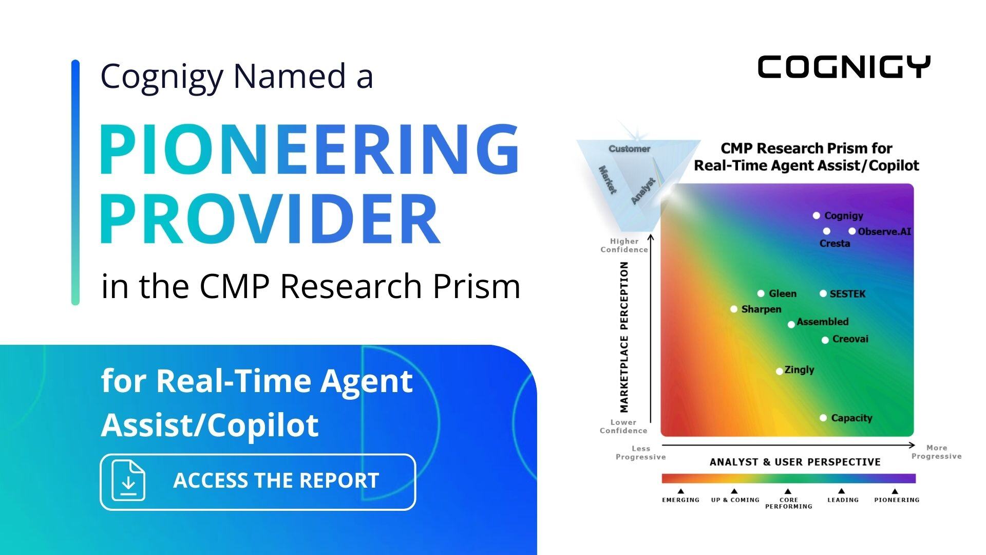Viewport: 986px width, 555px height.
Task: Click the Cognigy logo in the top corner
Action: click(x=844, y=67)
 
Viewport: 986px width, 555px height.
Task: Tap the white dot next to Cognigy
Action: click(x=816, y=215)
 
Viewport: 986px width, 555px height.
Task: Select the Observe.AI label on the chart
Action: click(x=884, y=231)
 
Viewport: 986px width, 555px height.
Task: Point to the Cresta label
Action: click(x=835, y=244)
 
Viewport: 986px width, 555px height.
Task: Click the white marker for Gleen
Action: click(x=761, y=293)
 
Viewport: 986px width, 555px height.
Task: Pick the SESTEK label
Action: click(x=847, y=294)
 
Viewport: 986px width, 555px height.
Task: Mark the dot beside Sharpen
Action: click(x=734, y=309)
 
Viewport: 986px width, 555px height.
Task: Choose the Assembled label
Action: click(x=822, y=322)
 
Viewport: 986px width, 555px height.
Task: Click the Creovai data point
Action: click(x=825, y=340)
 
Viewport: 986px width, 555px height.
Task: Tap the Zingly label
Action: click(x=799, y=369)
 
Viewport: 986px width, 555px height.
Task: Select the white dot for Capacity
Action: click(x=823, y=418)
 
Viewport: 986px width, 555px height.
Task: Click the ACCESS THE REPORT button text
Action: click(x=276, y=480)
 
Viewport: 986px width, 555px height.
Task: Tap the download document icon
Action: click(x=128, y=481)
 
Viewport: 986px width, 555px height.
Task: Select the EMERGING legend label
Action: click(x=680, y=499)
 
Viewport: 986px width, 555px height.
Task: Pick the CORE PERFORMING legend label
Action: click(x=788, y=503)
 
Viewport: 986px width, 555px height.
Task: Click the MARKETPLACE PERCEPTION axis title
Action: click(x=624, y=337)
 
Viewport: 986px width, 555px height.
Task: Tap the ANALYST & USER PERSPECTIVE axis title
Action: click(x=794, y=462)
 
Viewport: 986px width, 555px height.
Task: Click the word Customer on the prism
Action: click(x=629, y=149)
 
